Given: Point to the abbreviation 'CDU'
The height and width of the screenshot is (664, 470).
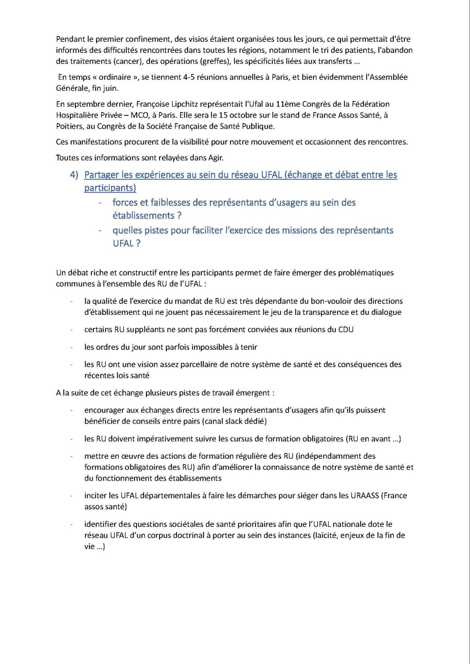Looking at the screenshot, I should [346, 330].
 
